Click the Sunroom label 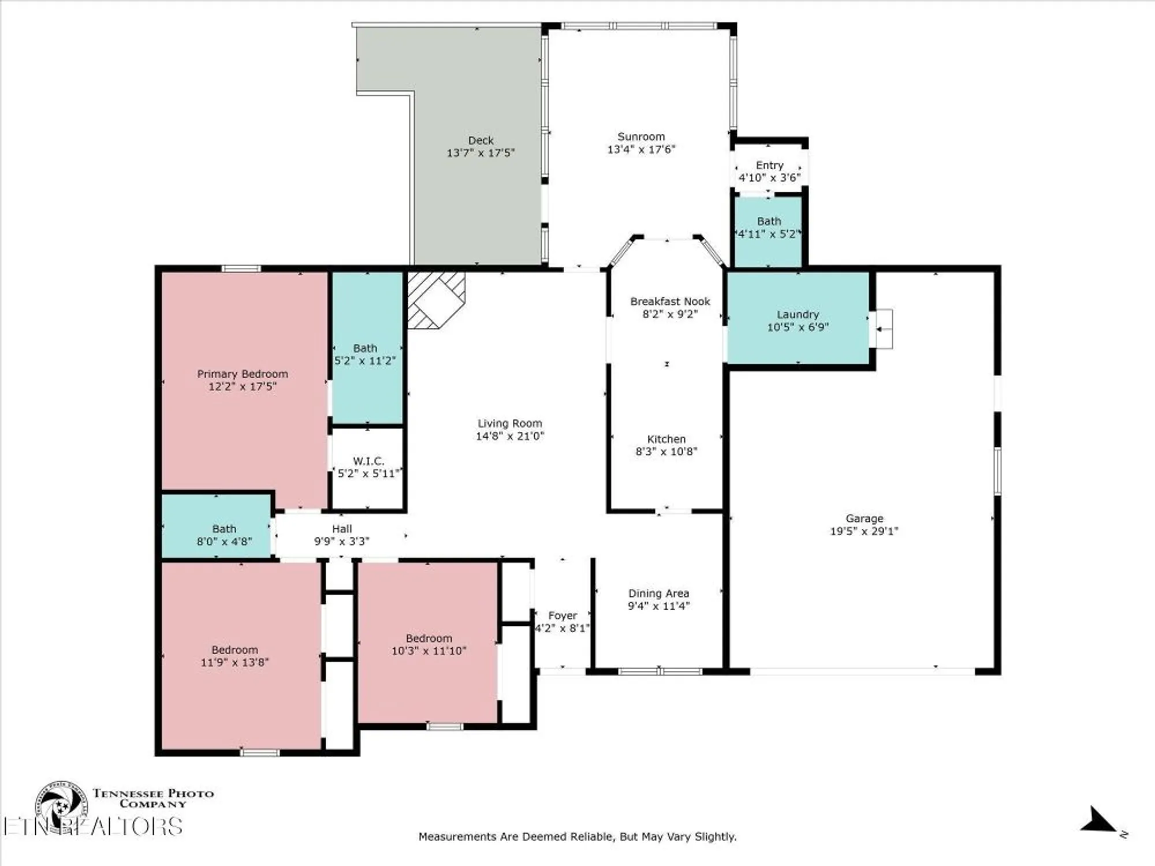641,137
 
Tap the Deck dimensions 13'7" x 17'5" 480,153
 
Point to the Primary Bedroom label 243,374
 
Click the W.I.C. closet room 368,468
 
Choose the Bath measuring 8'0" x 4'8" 224,535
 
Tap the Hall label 342,529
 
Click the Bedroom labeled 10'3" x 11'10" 429,644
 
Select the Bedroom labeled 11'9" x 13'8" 234,656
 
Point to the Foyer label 562,615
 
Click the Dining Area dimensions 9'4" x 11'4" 659,606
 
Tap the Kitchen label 666,439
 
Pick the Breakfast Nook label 670,301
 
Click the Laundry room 798,320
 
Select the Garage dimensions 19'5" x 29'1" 864,531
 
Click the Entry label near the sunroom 770,165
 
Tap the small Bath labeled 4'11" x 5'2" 769,227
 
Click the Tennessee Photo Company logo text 153,798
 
